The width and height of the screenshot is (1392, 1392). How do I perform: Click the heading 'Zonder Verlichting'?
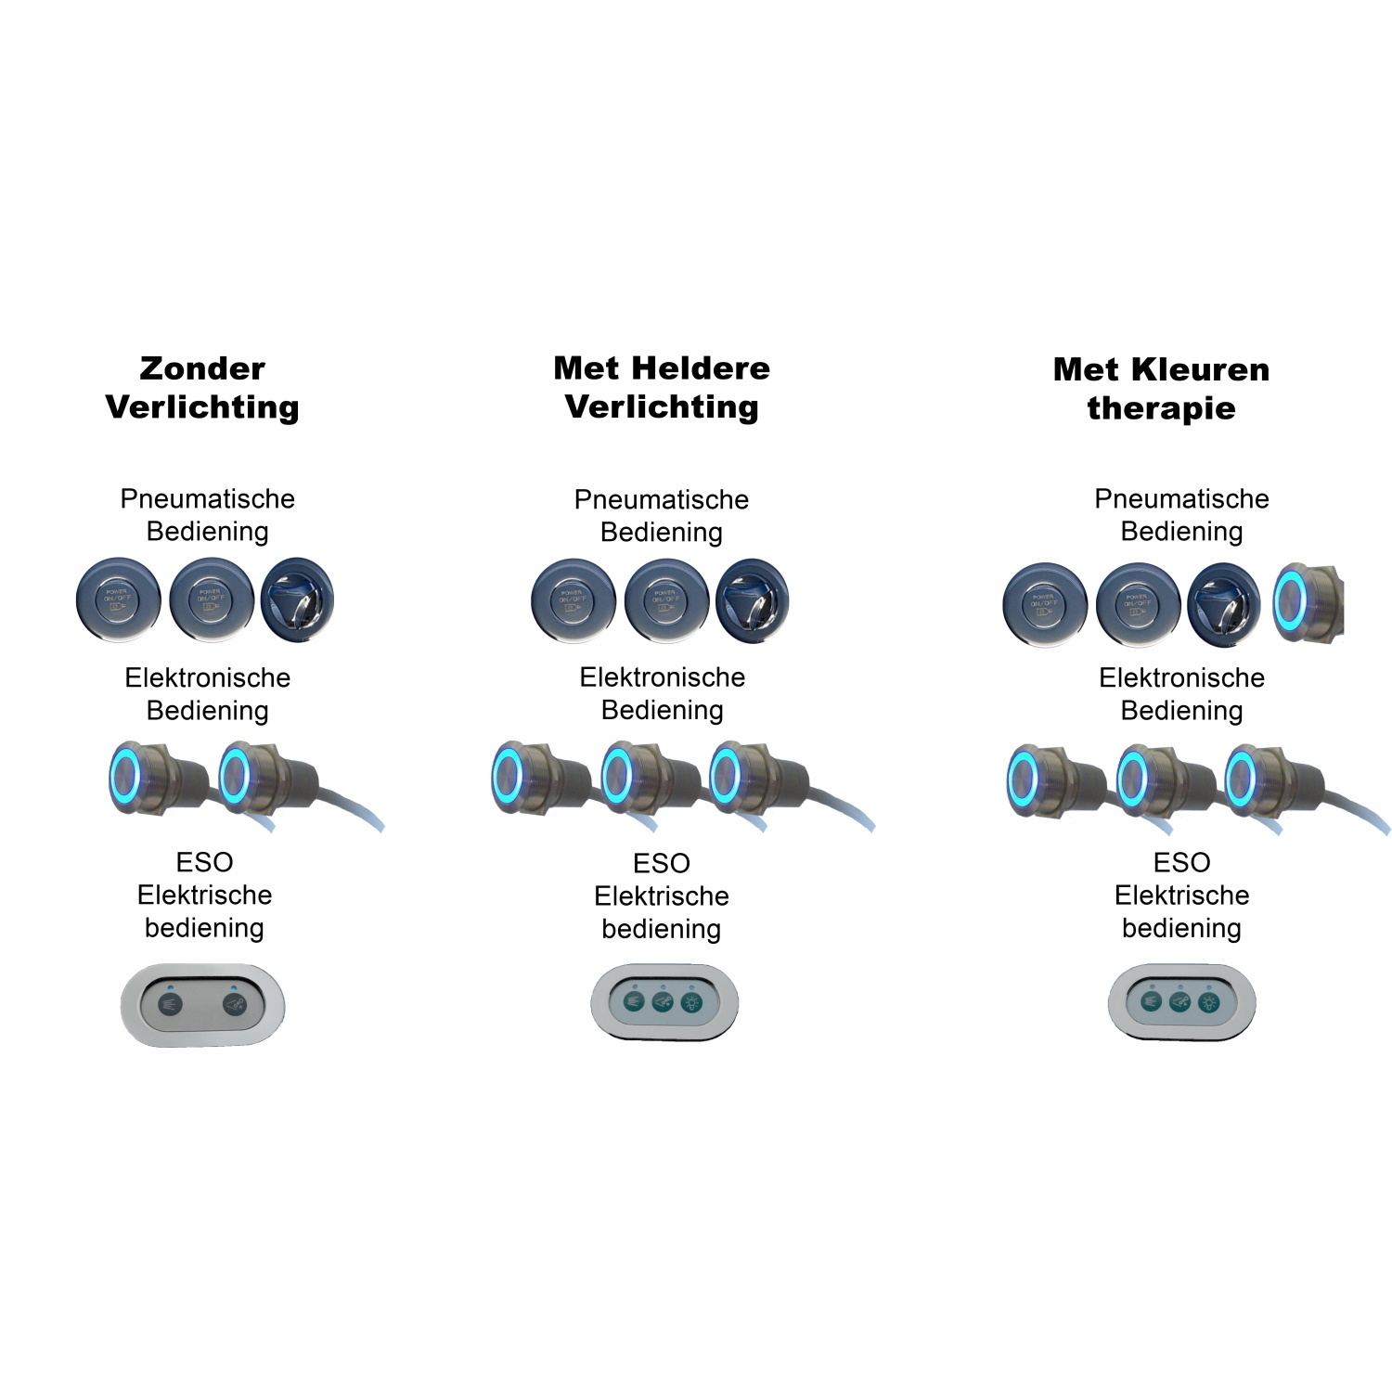coord(202,388)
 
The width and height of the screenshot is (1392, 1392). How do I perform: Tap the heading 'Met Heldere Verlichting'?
coord(662,388)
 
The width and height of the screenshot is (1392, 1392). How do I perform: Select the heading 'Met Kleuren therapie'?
coord(1161,389)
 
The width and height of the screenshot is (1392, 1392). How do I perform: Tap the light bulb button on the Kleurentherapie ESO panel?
coord(1208,1002)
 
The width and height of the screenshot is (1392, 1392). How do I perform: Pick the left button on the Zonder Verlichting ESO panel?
coord(170,1005)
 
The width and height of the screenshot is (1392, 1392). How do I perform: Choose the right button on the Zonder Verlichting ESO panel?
coord(235,1005)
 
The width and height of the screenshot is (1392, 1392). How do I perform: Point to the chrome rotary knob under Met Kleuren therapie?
coord(1224,602)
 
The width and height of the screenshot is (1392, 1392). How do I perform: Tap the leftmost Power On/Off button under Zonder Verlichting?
coord(118,600)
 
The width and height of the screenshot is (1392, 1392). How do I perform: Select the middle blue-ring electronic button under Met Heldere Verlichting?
coord(616,776)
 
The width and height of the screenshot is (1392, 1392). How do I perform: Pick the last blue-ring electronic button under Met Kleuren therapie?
coord(1241,778)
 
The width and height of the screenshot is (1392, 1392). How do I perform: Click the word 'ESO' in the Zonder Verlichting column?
coord(204,862)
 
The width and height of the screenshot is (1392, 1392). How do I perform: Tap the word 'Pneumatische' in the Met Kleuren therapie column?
coord(1181,499)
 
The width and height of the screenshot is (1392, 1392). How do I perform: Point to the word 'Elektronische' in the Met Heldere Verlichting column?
coord(662,677)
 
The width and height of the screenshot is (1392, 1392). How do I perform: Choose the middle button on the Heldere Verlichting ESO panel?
coord(663,1002)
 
